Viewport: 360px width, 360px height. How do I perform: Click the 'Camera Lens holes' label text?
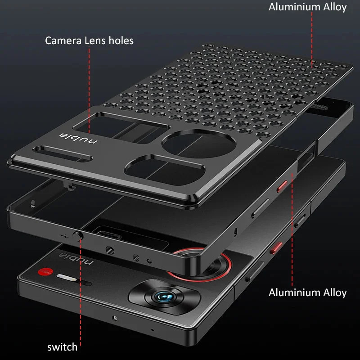(89, 40)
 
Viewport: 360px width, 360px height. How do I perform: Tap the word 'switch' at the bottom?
(62, 347)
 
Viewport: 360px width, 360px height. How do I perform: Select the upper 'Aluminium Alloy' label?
(307, 7)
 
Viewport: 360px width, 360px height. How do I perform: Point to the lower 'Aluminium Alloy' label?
(307, 293)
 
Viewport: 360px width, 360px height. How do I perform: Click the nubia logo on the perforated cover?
(78, 138)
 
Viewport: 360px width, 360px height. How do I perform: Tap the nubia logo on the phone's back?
(76, 258)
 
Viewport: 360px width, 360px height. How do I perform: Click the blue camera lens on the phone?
(164, 297)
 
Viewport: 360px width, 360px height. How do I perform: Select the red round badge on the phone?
(45, 272)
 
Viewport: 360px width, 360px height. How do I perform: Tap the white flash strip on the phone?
(67, 277)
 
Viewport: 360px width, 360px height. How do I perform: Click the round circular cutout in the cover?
(199, 144)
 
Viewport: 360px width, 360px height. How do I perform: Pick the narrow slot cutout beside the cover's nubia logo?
(63, 153)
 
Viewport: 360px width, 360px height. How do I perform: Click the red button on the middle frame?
(282, 186)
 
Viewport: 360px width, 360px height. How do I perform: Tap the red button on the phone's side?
(276, 248)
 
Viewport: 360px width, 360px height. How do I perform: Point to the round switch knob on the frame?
(77, 236)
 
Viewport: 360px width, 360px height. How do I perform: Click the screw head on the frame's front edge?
(110, 250)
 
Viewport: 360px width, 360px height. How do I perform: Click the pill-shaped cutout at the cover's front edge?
(164, 170)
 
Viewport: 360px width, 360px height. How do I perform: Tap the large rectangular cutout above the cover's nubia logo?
(121, 127)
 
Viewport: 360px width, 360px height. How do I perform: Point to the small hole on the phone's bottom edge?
(114, 318)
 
